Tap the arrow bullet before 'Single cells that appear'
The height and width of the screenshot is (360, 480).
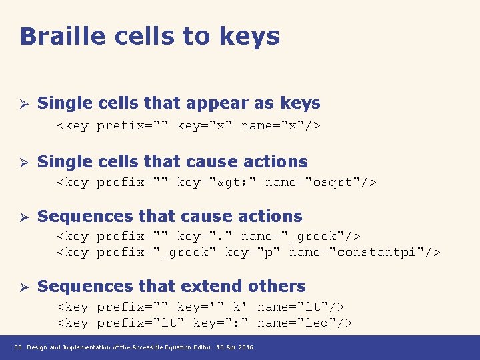[x=23, y=104]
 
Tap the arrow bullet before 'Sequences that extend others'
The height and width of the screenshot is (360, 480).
[x=23, y=287]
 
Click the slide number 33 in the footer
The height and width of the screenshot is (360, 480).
[x=19, y=348]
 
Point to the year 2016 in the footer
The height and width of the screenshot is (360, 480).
[x=245, y=348]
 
